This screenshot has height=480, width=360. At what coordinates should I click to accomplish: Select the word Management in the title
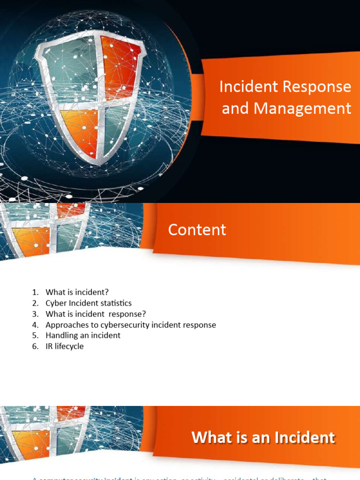tap(303, 108)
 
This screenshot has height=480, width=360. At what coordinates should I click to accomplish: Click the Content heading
tap(197, 230)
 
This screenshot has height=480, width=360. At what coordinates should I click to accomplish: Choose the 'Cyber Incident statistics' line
tap(89, 303)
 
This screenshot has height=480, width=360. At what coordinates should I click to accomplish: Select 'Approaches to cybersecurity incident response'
tap(131, 324)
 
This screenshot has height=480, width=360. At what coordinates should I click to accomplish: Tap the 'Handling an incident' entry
tap(83, 335)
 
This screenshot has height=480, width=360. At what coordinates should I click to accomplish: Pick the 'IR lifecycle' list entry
tap(65, 346)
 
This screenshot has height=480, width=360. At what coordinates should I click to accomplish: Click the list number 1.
tap(35, 292)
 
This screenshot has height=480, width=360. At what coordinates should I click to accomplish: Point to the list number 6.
tap(35, 346)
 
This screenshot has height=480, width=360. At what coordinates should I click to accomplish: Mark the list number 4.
tap(35, 324)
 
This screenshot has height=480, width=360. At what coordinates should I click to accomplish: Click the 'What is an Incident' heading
tap(263, 437)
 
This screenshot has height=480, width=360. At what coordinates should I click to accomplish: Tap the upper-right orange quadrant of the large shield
tap(120, 66)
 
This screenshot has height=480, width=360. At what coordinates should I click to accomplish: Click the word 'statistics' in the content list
tap(115, 303)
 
